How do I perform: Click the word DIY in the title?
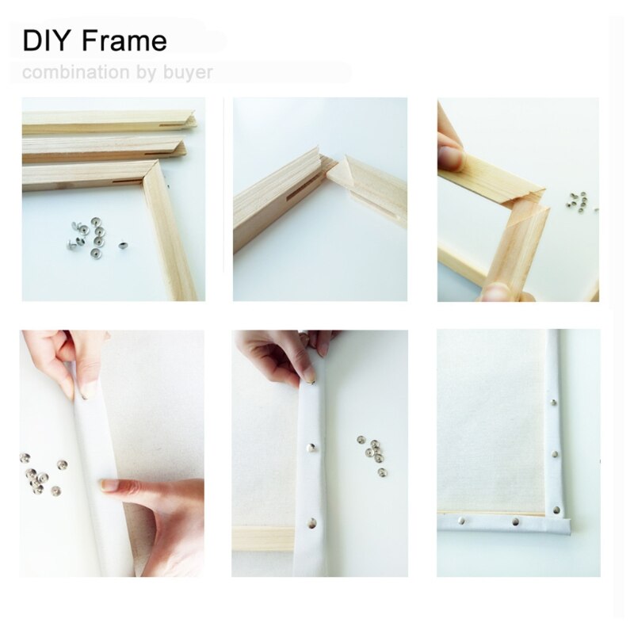[46, 40]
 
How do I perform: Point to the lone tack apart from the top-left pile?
[123, 246]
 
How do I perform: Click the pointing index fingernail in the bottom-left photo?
[109, 484]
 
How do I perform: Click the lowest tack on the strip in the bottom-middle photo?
[312, 523]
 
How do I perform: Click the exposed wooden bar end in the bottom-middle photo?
[262, 538]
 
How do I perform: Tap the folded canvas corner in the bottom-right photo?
[561, 523]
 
